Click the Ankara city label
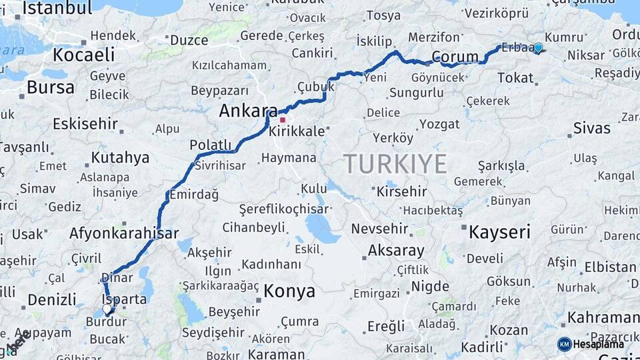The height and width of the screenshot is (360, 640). [248, 111]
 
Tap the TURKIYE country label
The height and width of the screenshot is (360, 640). [395, 163]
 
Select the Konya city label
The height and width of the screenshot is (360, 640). [289, 291]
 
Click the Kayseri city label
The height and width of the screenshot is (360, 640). [499, 232]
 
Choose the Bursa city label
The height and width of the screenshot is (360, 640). [51, 87]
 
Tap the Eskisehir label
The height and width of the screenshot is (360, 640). [85, 123]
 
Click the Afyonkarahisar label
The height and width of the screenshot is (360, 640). [124, 233]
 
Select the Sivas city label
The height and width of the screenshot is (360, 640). [591, 128]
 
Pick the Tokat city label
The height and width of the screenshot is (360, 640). [515, 78]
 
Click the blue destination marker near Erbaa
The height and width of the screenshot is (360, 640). [538, 48]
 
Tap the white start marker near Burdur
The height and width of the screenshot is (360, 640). [107, 309]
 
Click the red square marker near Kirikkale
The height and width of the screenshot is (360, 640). [283, 120]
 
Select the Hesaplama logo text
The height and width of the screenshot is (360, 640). [599, 344]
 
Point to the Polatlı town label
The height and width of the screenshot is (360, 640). [210, 145]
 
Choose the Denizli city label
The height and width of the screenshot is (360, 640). [51, 299]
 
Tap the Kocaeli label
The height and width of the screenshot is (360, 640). [79, 55]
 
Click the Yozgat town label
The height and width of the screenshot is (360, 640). [439, 124]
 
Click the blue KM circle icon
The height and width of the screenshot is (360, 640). [564, 344]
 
